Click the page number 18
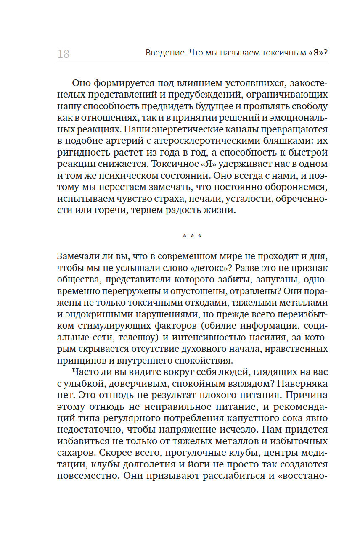[63, 54]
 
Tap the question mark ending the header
[325, 53]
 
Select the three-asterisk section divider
[192, 237]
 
